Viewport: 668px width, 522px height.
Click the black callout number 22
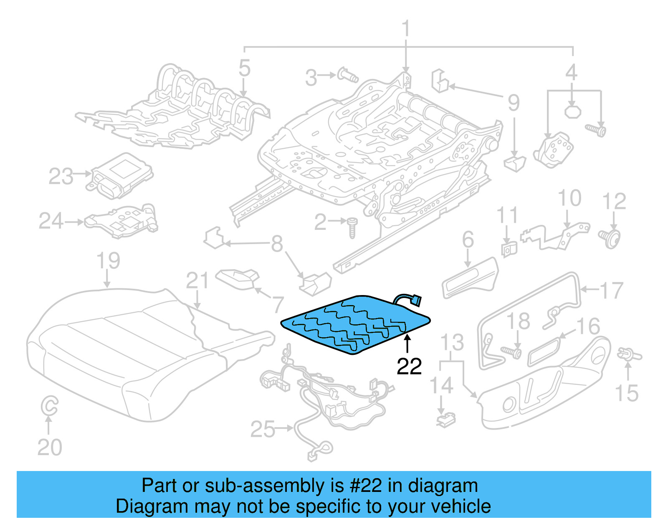[x=409, y=366]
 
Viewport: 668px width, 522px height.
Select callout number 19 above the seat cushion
[x=108, y=261]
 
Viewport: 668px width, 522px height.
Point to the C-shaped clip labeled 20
[x=49, y=406]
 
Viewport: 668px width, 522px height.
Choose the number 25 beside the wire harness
[x=263, y=429]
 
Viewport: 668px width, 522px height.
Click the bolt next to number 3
[x=347, y=75]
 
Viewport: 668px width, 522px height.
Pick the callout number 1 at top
[x=405, y=29]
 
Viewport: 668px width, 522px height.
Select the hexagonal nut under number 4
[x=572, y=112]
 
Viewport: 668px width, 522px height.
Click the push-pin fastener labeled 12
[x=610, y=238]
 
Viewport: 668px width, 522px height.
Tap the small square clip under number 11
[x=509, y=249]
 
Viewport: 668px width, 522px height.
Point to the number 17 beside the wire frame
[x=612, y=290]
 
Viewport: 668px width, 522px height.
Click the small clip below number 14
[x=445, y=419]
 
